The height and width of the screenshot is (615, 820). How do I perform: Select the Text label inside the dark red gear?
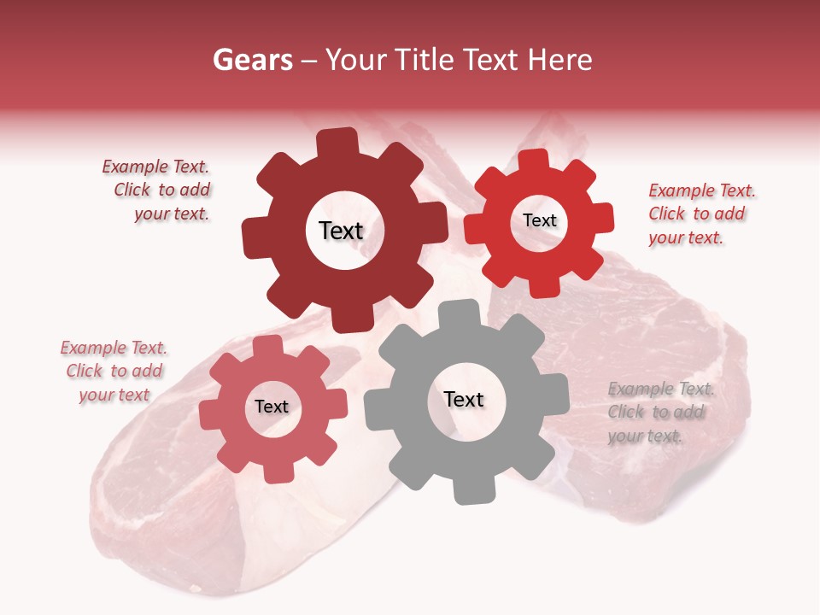(x=341, y=231)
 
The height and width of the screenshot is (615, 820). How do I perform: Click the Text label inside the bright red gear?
(x=539, y=220)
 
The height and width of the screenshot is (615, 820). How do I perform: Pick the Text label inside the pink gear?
(x=272, y=407)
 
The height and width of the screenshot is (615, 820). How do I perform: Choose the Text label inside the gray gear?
(x=463, y=399)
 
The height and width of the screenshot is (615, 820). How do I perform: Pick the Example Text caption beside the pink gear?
(x=114, y=371)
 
